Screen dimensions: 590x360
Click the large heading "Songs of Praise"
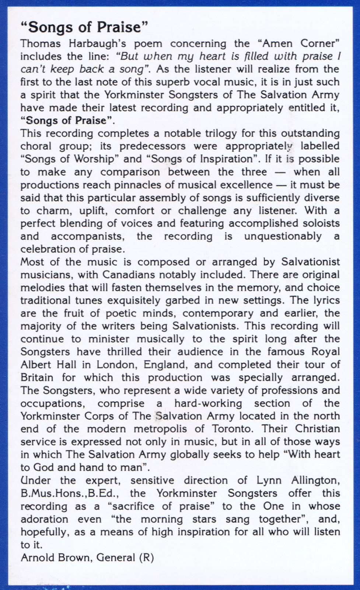click(84, 27)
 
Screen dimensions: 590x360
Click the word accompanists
click(86, 236)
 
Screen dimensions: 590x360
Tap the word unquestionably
click(283, 236)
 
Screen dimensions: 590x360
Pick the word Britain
click(37, 378)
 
